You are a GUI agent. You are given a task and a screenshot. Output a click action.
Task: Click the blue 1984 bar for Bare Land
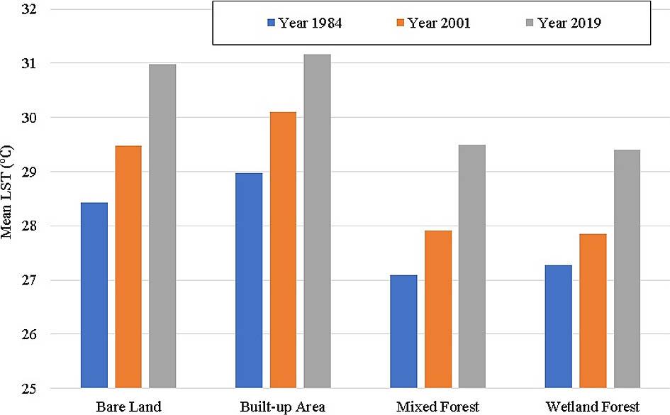click(x=94, y=295)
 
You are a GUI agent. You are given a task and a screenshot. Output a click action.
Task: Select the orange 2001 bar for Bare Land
click(x=128, y=267)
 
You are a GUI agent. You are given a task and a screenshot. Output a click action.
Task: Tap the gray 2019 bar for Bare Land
click(x=162, y=226)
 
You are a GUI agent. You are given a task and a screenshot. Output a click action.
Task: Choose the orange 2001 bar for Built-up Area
click(x=283, y=250)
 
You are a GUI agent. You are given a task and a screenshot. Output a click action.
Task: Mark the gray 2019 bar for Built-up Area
click(x=317, y=221)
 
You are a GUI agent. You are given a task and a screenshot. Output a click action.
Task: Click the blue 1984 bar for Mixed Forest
click(x=403, y=331)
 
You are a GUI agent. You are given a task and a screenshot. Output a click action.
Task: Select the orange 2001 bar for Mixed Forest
click(x=437, y=309)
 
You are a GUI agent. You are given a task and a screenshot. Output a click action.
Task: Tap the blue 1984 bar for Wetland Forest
click(x=558, y=326)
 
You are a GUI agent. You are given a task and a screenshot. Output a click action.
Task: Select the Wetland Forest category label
click(x=593, y=406)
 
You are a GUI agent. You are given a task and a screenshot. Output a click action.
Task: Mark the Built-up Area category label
click(x=283, y=406)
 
